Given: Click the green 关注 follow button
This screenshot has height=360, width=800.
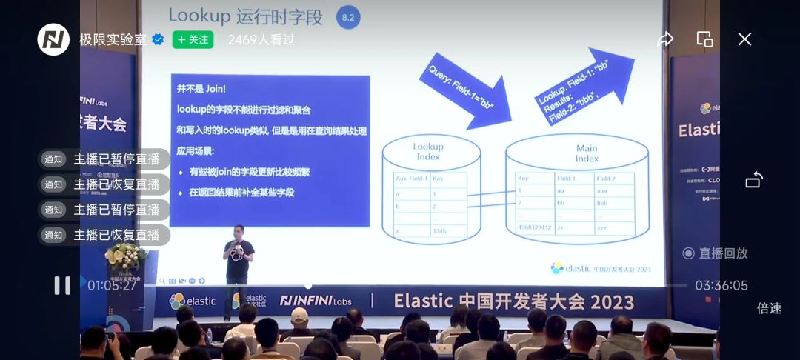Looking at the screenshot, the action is coord(193,40).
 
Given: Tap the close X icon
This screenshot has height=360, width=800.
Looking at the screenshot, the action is coord(744,39).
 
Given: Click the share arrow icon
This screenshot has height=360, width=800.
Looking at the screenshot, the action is coord(665,39).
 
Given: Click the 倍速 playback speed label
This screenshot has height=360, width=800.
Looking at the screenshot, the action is coord(769,308).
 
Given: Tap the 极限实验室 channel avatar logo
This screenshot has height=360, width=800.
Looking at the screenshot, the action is coord(53,40).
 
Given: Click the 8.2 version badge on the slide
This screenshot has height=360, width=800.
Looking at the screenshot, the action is coord(348,17).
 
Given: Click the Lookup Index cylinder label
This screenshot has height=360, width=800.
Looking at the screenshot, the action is coord(428,151).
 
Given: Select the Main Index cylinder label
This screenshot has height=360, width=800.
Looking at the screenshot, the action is coord(587,153).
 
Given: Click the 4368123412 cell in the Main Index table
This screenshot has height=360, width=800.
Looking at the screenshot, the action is coord(534,227).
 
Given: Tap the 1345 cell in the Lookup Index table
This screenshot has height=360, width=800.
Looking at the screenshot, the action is coord(440,231).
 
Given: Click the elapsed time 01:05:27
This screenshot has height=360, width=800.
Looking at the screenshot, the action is coord(113,285).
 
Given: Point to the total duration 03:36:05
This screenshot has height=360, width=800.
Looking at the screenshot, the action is coord(721,285).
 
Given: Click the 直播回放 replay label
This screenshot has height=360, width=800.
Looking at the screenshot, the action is coord(716,253).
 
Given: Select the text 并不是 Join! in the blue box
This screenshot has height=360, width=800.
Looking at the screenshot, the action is coord(201,89).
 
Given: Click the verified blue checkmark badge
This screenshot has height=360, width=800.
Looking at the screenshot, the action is coord(158,40).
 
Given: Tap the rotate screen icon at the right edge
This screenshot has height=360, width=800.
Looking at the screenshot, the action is coord(754,180).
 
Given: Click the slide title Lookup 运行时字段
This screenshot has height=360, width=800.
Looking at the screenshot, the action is coord(247,15).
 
